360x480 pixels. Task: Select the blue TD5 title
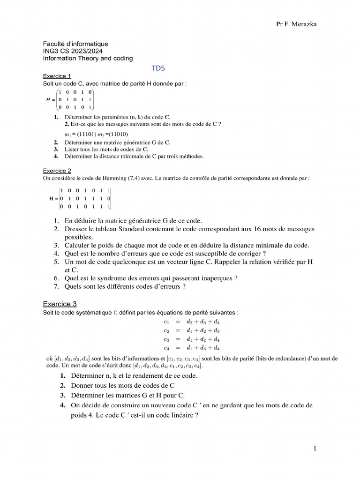158,68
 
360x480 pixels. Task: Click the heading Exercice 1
57,76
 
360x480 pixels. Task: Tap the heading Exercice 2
57,171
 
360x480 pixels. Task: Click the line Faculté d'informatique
75,44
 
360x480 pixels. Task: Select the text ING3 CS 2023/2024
73,51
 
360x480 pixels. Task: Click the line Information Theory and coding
88,58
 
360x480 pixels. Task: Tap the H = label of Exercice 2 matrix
53,198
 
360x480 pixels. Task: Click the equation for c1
192,322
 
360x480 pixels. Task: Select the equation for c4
192,348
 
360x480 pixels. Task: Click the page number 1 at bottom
315,449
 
